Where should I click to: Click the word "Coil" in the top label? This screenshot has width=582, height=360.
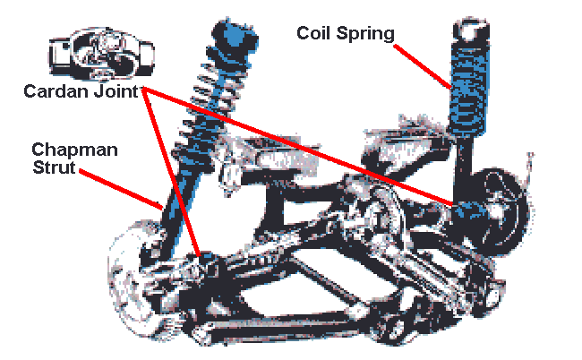(315, 34)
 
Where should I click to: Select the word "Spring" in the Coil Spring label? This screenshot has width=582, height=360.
(364, 34)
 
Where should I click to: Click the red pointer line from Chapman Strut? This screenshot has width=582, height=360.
(125, 187)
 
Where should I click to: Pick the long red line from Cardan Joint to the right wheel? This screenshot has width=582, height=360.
(304, 147)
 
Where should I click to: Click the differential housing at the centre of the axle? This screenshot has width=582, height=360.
(376, 215)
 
